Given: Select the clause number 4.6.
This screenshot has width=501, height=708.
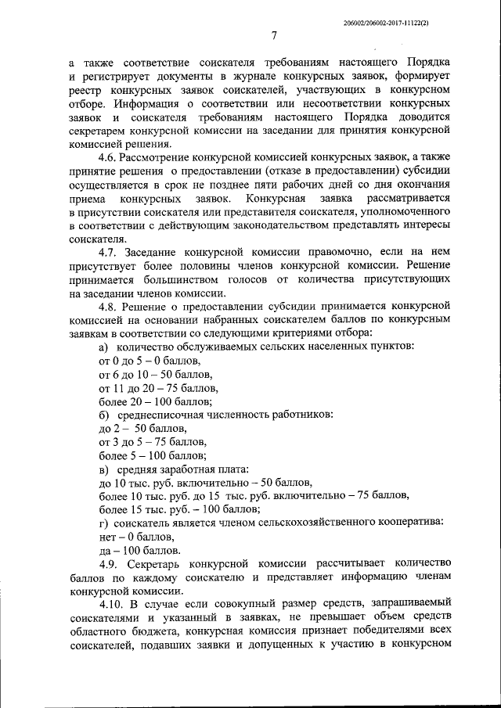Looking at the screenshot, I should pyautogui.click(x=110, y=156).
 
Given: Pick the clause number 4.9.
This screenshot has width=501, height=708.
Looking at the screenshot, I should pyautogui.click(x=110, y=564).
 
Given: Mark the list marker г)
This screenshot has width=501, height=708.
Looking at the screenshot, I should pyautogui.click(x=103, y=522).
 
